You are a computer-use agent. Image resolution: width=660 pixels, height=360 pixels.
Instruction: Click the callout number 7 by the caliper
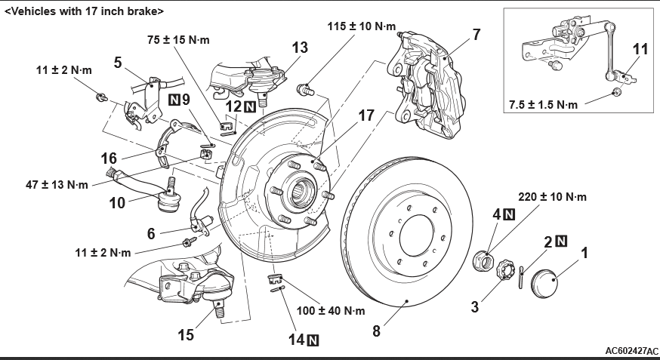coord(476,34)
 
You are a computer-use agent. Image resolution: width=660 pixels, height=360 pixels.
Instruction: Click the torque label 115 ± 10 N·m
coord(362,26)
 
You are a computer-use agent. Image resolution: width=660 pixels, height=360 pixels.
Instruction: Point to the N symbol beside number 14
coord(313,340)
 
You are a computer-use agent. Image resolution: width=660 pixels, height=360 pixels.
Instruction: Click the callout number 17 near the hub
coord(366,117)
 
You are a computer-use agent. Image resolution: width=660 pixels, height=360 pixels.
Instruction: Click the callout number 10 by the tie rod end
coord(116,203)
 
